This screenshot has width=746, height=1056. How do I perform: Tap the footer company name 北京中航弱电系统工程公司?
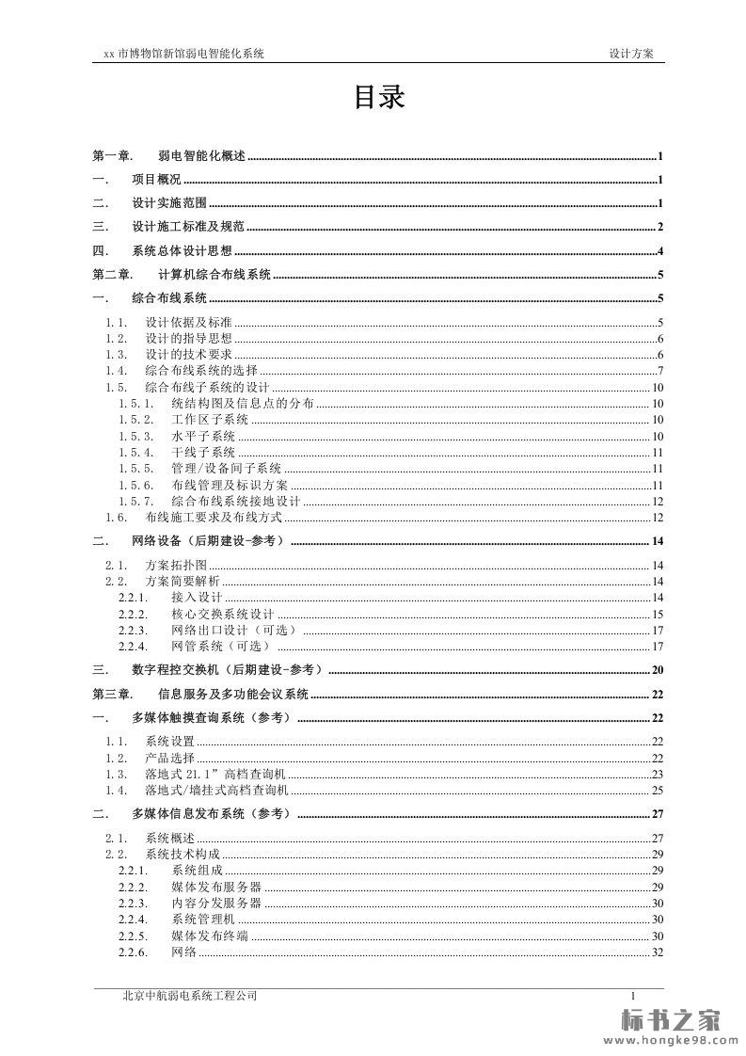[x=190, y=995]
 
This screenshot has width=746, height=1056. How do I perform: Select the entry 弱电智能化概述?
[x=201, y=156]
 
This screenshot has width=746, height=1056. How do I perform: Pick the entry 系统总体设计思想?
[x=182, y=250]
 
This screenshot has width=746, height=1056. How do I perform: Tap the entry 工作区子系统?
[x=210, y=420]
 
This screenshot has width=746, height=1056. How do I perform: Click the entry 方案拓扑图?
[x=175, y=565]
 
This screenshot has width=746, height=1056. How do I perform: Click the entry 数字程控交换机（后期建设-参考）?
[x=228, y=670]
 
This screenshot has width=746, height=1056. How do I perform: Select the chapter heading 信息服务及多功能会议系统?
[x=232, y=695]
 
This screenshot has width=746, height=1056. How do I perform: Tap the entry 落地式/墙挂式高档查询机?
[x=217, y=790]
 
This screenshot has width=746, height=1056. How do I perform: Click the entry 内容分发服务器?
[x=216, y=903]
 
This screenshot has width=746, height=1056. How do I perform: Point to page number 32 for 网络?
[x=658, y=952]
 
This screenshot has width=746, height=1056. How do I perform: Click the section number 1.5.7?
[x=136, y=501]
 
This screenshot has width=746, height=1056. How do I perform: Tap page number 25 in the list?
[x=658, y=790]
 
